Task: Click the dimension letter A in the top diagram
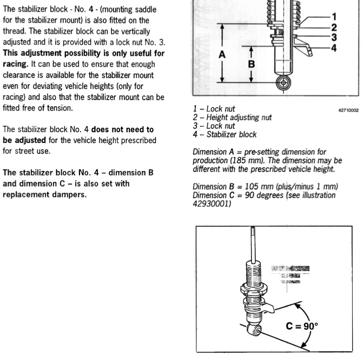tap(221, 54)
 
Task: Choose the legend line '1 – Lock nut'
tap(214, 108)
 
